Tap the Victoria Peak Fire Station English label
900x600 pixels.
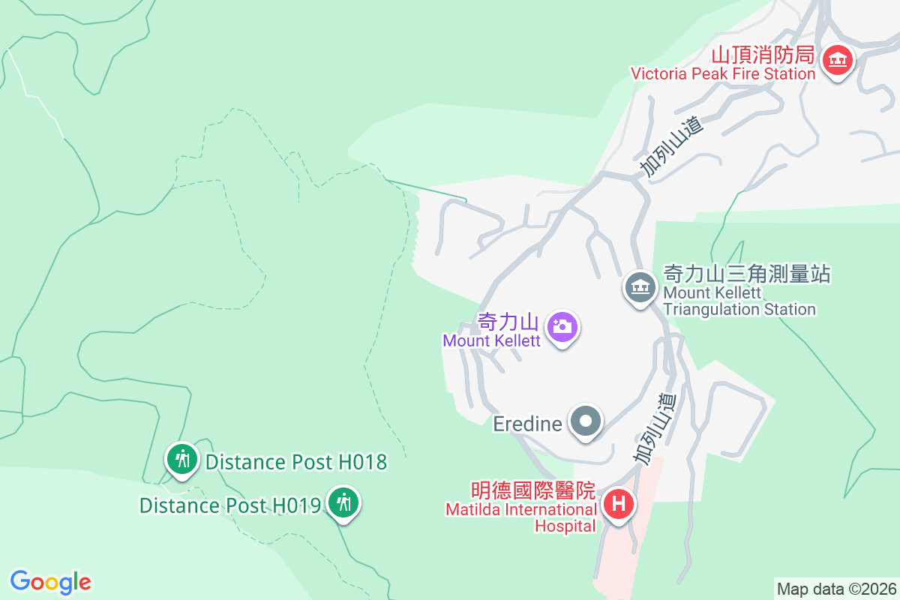click(x=722, y=73)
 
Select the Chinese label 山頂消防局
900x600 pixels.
click(x=762, y=54)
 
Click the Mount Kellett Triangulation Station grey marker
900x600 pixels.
click(x=640, y=287)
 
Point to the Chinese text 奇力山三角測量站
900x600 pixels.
click(x=747, y=274)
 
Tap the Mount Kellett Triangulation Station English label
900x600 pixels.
click(x=739, y=301)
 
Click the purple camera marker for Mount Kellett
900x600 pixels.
click(x=562, y=327)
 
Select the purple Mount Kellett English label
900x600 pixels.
click(x=491, y=340)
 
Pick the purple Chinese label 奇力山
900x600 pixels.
click(x=508, y=322)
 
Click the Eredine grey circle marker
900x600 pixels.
click(x=586, y=422)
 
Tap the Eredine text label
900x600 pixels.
click(x=527, y=424)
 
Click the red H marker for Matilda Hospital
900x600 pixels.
click(x=618, y=503)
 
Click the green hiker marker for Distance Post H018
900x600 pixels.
click(x=181, y=457)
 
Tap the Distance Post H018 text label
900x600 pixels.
click(x=296, y=462)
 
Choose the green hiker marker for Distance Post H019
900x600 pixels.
click(x=344, y=502)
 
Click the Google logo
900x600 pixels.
click(x=50, y=581)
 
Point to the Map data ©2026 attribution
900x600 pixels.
click(x=836, y=589)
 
